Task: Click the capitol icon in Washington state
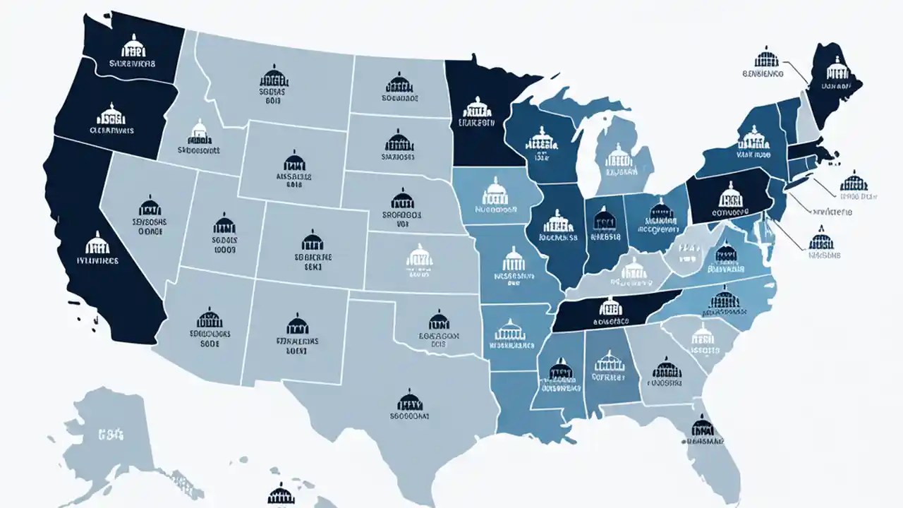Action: [x=132, y=47]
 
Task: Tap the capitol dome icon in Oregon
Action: [x=111, y=114]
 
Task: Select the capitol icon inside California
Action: [x=97, y=243]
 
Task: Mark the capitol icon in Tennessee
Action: [x=610, y=306]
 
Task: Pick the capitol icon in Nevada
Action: [x=150, y=206]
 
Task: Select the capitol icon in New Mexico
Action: [x=297, y=325]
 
